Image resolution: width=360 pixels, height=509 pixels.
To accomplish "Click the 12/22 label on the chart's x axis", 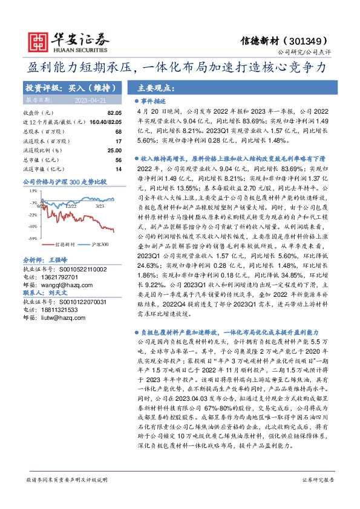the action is [71, 206].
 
